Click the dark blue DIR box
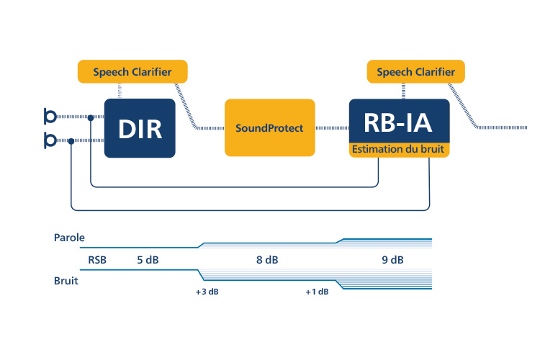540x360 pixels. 140,128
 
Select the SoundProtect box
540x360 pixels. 270,128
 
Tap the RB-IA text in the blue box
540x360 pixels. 398,123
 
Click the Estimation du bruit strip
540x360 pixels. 399,150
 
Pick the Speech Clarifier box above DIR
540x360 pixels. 132,72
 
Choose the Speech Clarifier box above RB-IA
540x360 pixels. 416,72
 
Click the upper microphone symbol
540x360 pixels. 50,117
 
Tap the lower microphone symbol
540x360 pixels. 50,140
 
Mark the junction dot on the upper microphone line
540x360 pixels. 91,118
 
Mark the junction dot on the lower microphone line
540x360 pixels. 71,141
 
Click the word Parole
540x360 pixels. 69,238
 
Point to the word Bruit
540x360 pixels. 66,281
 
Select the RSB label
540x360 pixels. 97,260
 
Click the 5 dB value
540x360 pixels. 148,260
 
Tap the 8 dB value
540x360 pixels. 267,260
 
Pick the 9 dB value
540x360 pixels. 392,260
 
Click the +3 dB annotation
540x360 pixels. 207,292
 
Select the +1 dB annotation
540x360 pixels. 318,292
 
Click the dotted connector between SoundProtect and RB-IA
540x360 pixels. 332,128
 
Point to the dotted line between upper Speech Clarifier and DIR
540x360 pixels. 120,91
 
